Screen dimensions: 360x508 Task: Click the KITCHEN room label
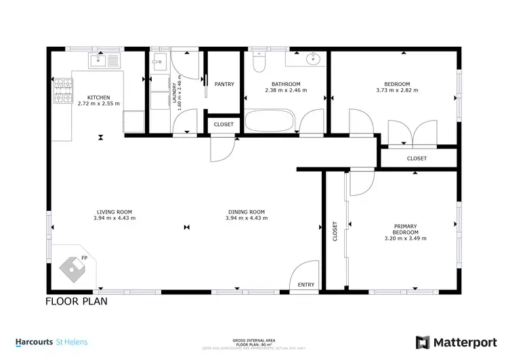[99, 97]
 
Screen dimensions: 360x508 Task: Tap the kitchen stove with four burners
[63, 90]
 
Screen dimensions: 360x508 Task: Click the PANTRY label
[224, 84]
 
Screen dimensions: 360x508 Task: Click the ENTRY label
[306, 285]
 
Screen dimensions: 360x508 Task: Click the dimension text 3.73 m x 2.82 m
[397, 90]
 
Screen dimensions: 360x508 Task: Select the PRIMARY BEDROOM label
[405, 229]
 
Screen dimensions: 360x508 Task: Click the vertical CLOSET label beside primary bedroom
[335, 231]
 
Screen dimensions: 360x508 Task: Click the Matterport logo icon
[422, 342]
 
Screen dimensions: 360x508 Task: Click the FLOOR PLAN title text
[76, 301]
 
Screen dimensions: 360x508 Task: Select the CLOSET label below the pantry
[224, 125]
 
